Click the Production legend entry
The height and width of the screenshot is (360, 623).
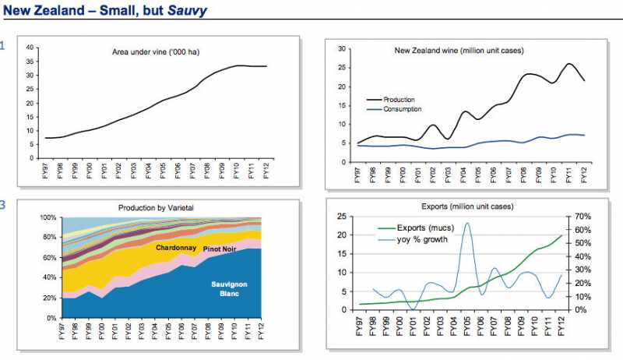click(x=399, y=100)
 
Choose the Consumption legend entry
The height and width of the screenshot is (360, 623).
click(x=403, y=110)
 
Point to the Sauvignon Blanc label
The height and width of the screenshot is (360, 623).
click(x=230, y=289)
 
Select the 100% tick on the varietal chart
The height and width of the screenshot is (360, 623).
click(x=48, y=217)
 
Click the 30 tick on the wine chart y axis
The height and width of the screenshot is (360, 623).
click(x=341, y=48)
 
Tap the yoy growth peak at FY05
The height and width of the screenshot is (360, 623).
click(x=467, y=224)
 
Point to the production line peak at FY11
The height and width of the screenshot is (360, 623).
click(x=569, y=64)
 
